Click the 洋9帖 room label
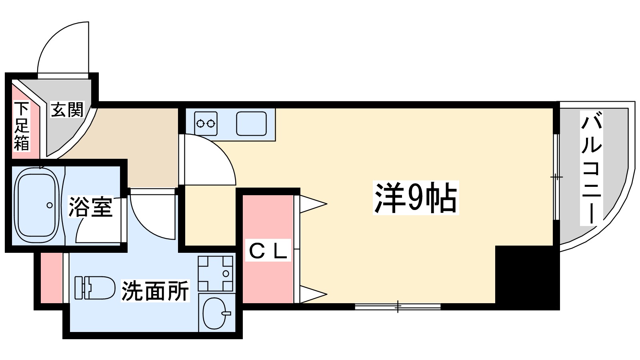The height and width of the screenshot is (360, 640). tap(415, 198)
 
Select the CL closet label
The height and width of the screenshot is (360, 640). tap(268, 252)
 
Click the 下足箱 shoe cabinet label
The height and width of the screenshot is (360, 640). tap(22, 126)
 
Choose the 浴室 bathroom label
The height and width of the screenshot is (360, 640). tap(90, 207)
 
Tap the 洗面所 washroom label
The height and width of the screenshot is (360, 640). tap(155, 291)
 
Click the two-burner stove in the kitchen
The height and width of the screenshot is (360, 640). tap(206, 123)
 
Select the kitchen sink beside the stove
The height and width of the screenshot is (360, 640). tap(251, 123)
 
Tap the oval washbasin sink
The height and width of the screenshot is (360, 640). tap(216, 314)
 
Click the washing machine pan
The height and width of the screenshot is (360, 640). tap(215, 274)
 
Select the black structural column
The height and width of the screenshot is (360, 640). tap(526, 276)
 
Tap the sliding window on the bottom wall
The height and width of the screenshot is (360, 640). tap(398, 307)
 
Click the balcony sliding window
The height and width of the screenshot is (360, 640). tap(556, 177)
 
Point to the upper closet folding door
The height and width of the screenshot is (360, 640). tap(312, 204)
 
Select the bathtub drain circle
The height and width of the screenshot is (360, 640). tap(49, 205)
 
